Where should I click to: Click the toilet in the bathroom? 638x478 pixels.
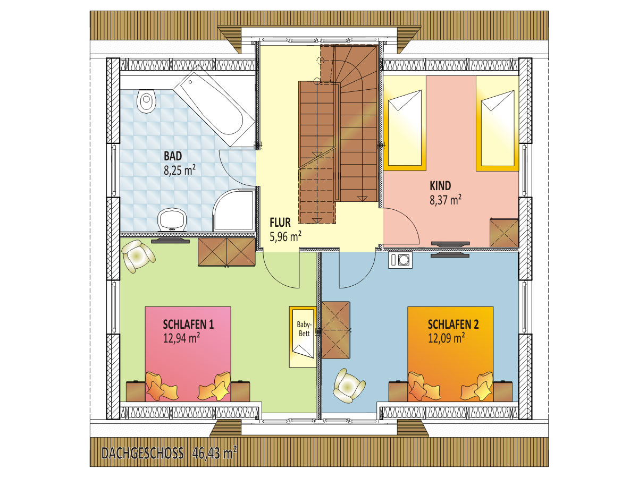[x=146, y=101]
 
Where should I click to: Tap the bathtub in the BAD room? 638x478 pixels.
[x=214, y=106]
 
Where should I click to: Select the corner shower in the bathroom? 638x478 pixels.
[x=234, y=210]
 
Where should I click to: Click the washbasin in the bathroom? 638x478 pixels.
[x=172, y=220]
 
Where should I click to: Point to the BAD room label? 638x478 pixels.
[x=173, y=156]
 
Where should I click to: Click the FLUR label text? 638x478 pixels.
[x=280, y=223]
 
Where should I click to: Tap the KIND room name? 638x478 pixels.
[x=440, y=186]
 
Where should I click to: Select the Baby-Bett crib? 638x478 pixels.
[x=303, y=337]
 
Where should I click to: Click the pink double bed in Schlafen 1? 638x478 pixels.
[x=188, y=354]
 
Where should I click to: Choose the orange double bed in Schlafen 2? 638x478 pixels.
[x=450, y=354]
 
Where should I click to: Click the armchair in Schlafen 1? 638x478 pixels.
[x=138, y=256]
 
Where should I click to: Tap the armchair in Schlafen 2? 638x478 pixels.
[x=348, y=386]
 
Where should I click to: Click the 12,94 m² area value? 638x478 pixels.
[x=181, y=338]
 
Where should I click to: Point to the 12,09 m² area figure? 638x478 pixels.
[x=446, y=338]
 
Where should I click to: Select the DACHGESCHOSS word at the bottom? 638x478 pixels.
[x=142, y=454]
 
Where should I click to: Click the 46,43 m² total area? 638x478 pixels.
[x=214, y=453]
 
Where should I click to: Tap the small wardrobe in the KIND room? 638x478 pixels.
[x=504, y=233]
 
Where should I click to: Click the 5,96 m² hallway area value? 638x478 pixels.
[x=286, y=236]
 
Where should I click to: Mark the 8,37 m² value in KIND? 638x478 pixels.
[x=446, y=200]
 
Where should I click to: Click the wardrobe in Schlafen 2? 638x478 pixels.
[x=335, y=330]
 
